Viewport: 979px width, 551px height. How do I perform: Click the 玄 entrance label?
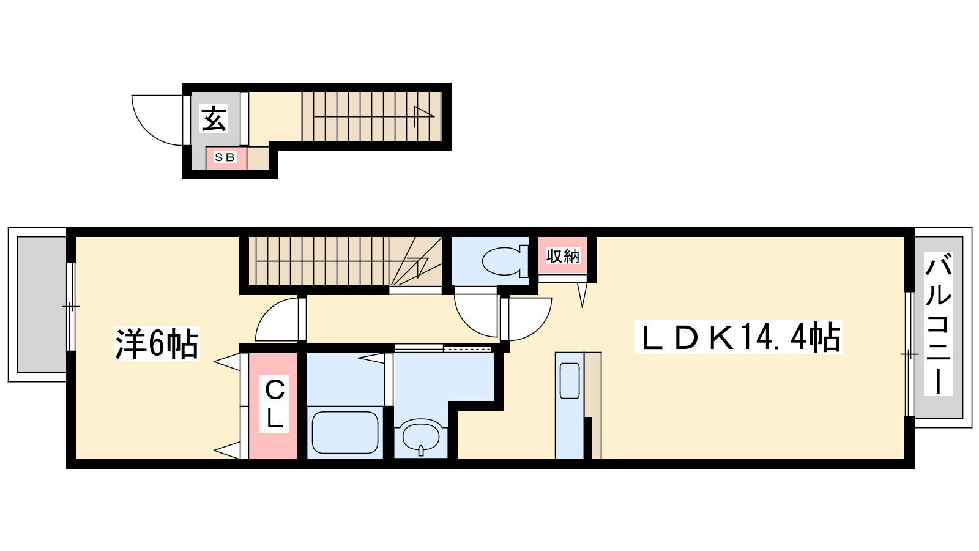[x=214, y=119]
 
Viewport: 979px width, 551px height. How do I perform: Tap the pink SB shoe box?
[x=226, y=158]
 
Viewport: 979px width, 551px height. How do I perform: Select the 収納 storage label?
[x=562, y=256]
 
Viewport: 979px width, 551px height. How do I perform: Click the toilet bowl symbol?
[x=505, y=261]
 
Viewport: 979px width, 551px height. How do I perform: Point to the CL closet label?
[x=275, y=403]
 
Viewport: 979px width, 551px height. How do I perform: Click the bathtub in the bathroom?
[x=344, y=432]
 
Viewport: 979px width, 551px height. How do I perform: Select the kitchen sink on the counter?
[x=570, y=380]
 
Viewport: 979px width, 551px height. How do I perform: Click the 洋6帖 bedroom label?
[x=157, y=343]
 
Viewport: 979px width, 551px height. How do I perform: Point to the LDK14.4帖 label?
[x=739, y=337]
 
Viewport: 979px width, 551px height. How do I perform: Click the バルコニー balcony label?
[x=938, y=324]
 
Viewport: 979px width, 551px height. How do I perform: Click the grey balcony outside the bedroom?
[x=42, y=304]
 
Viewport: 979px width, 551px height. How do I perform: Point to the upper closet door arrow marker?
[x=227, y=362]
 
